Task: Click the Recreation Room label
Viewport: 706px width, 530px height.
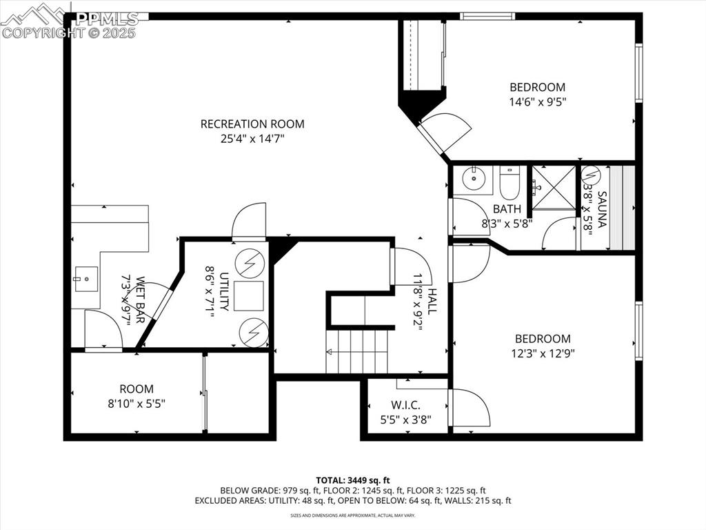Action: [x=252, y=124]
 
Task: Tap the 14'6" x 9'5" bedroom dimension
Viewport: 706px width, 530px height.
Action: [x=537, y=101]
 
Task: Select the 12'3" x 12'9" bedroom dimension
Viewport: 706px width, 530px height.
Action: [x=543, y=353]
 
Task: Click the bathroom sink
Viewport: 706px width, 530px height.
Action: [x=474, y=178]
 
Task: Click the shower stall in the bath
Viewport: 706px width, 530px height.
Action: [x=552, y=187]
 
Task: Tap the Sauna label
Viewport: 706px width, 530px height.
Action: [x=602, y=209]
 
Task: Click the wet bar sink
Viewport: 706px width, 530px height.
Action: [x=82, y=279]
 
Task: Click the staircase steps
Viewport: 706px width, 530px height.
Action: [x=357, y=351]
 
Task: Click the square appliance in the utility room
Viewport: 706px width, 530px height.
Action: [x=248, y=295]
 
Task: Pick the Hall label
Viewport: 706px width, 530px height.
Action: [x=432, y=302]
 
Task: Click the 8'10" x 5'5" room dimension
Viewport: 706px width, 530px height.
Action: [x=137, y=403]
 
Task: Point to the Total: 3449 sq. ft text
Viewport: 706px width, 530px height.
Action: [x=352, y=480]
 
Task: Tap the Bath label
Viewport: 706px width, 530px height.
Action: [x=507, y=209]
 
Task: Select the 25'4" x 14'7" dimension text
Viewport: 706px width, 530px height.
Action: [x=252, y=138]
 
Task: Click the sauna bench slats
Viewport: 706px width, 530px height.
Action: [x=627, y=207]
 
